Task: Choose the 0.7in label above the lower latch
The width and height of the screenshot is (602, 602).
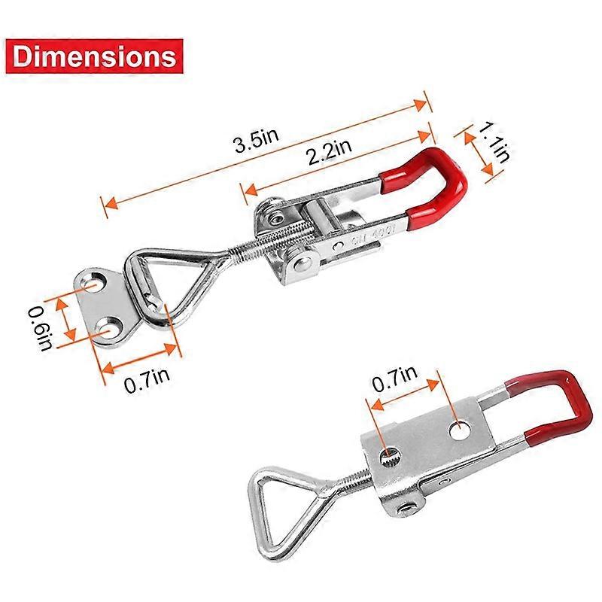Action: pos(394,378)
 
